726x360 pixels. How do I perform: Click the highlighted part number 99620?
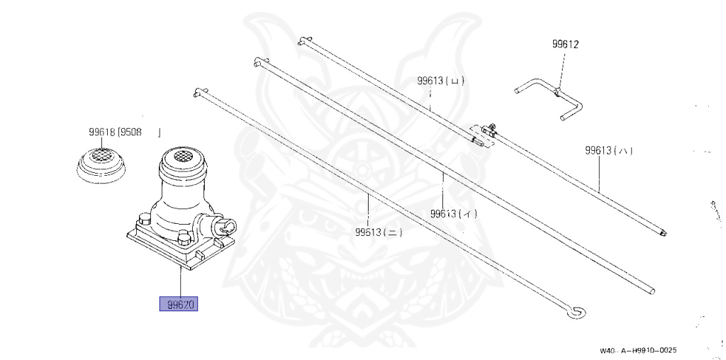pyautogui.click(x=178, y=305)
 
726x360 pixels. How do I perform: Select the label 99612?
pyautogui.click(x=566, y=44)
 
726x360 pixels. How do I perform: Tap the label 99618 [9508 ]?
pyautogui.click(x=124, y=132)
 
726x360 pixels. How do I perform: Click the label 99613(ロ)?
pyautogui.click(x=440, y=81)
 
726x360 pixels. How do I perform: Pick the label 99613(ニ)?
pyautogui.click(x=379, y=231)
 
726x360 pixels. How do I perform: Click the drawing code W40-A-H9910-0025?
pyautogui.click(x=638, y=351)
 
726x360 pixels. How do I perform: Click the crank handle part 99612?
pyautogui.click(x=549, y=96)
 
